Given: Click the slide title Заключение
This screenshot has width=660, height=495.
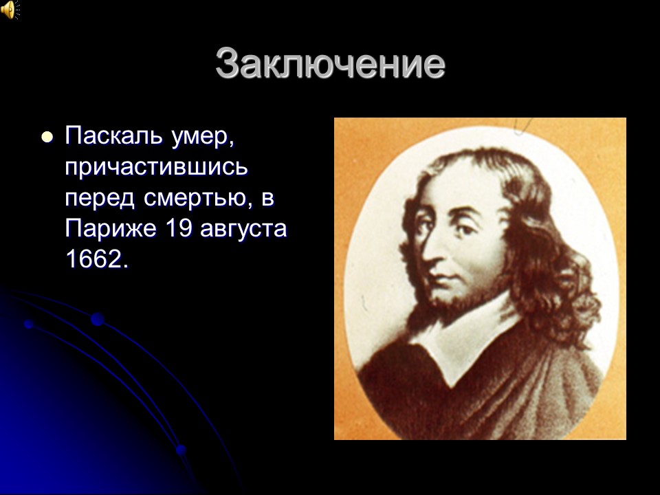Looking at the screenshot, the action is tap(330, 63).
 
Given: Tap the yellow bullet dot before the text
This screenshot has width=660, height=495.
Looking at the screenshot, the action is tap(47, 137).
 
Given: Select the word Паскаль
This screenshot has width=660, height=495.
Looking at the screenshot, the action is tap(113, 135).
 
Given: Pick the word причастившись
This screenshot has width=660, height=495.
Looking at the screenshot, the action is tap(157, 168).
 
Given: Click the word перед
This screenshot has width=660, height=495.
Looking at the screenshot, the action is tap(100, 199).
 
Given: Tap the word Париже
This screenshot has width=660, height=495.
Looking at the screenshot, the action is tap(111, 228).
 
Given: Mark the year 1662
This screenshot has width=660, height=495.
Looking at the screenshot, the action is tap(96, 259).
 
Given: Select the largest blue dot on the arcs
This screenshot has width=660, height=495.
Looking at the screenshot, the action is tap(97, 319).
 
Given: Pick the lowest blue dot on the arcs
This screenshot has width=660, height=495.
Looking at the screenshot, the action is tap(181, 450).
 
